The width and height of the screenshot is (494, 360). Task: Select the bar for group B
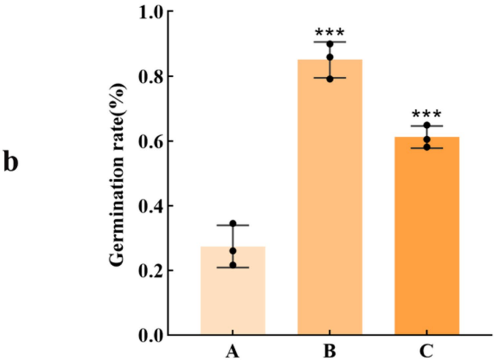point(330,198)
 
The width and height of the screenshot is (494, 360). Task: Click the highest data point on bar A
point(233,224)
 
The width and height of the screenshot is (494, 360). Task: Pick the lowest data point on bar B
point(330,79)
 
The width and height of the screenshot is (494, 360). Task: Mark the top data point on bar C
point(427,125)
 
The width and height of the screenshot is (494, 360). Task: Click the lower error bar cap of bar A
point(233,267)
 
